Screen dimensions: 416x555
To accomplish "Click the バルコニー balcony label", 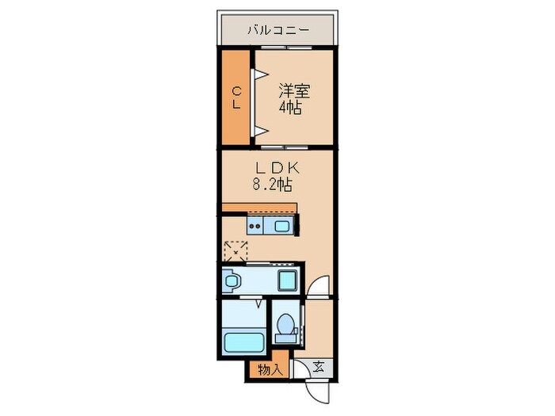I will click(277, 31).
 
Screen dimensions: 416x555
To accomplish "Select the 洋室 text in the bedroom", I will click(293, 91).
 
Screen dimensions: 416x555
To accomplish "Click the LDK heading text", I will click(275, 168).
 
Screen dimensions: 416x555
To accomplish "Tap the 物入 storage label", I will click(270, 369).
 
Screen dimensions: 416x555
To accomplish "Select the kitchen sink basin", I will click(283, 227).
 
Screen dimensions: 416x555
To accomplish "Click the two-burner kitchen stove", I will click(257, 227).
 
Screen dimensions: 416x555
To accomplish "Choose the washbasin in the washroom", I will click(232, 280).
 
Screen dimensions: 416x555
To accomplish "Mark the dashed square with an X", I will click(235, 252).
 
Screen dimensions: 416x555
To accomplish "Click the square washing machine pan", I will click(286, 280).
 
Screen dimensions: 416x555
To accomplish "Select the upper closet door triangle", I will click(258, 76).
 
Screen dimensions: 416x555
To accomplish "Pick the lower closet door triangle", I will click(258, 129).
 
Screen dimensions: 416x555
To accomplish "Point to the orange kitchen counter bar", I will click(259, 208).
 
